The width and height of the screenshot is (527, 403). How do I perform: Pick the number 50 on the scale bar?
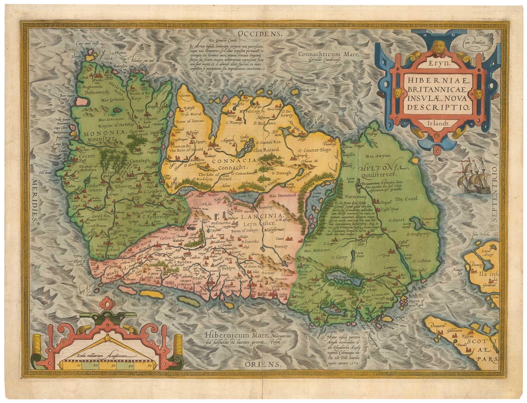pyautogui.click(x=149, y=380)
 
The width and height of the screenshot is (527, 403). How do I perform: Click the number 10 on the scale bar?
pyautogui.click(x=79, y=380)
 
